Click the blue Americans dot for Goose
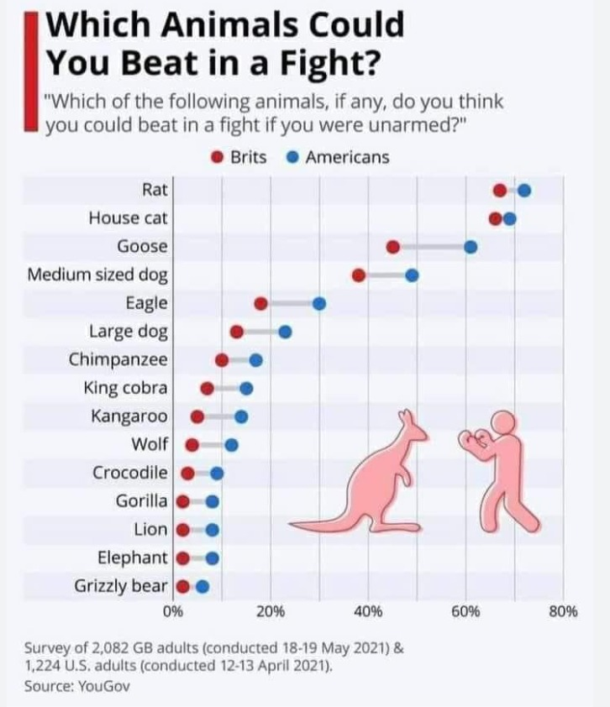click(471, 247)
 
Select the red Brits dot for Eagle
click(260, 303)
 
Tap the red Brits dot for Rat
click(500, 191)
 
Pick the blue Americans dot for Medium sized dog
click(412, 275)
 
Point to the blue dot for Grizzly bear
click(202, 587)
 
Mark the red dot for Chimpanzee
click(222, 360)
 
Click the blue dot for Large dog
click(285, 332)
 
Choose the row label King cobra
click(125, 388)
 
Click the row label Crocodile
click(130, 473)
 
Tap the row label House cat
click(129, 218)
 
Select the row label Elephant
click(133, 558)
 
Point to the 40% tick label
click(368, 612)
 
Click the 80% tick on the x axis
click(564, 612)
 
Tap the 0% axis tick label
click(173, 612)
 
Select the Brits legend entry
click(239, 157)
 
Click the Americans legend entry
click(338, 157)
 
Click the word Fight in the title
click(329, 63)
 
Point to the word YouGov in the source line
click(104, 686)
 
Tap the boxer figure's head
click(502, 422)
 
